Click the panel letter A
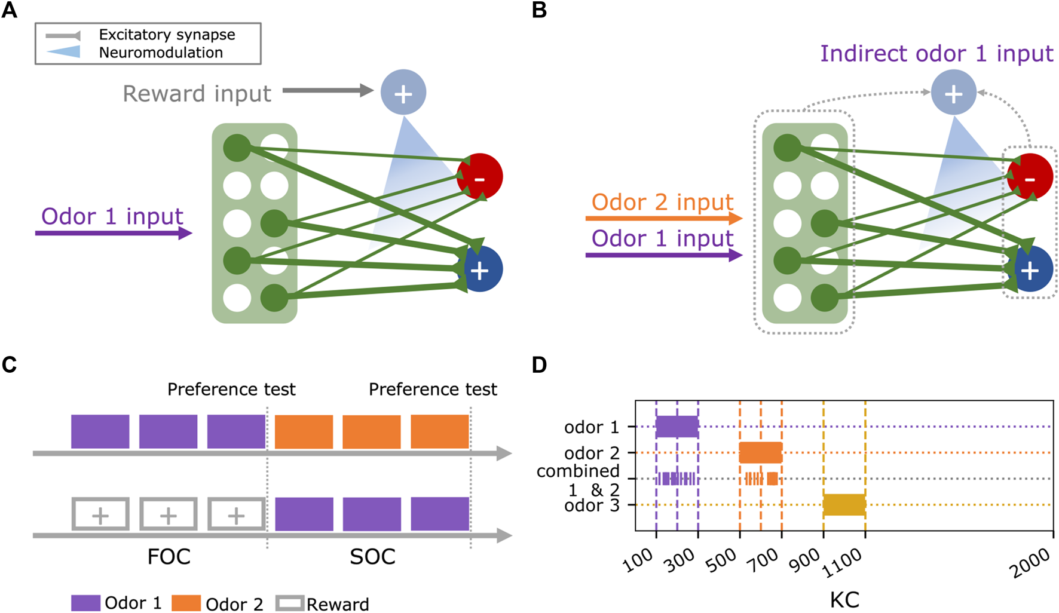pos(9,10)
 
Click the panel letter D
pos(539,364)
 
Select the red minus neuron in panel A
pos(480,177)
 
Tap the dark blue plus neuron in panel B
pos(1030,270)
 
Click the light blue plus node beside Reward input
pos(403,93)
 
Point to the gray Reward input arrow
pos(328,91)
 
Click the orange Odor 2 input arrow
pos(663,219)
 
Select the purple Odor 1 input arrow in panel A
pos(114,232)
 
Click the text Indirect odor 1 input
pos(936,54)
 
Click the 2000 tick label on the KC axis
pos(1031,563)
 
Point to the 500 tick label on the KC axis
pos(721,560)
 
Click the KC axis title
pos(844,599)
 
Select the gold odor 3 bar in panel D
pos(844,505)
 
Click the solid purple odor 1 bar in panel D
pos(677,427)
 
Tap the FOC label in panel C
pos(169,557)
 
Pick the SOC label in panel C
pos(372,557)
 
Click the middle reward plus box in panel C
pos(168,514)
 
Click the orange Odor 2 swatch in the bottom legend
pos(186,603)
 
